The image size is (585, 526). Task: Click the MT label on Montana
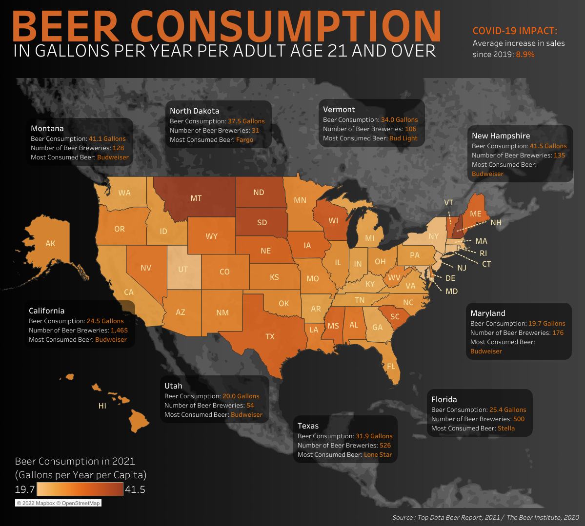pyautogui.click(x=196, y=198)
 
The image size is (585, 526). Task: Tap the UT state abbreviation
pyautogui.click(x=182, y=269)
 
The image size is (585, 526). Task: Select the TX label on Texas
pyautogui.click(x=270, y=336)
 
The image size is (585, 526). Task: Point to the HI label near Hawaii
pyautogui.click(x=102, y=406)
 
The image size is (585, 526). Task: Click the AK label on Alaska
pyautogui.click(x=50, y=243)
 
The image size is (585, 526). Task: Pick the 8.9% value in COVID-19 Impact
pyautogui.click(x=525, y=54)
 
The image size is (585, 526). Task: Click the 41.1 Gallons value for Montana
pyautogui.click(x=107, y=138)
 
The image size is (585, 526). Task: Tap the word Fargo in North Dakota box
pyautogui.click(x=244, y=140)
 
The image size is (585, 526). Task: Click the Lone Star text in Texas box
pyautogui.click(x=378, y=454)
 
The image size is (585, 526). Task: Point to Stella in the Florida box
pyautogui.click(x=506, y=428)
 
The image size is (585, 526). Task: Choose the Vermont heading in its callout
pyautogui.click(x=339, y=109)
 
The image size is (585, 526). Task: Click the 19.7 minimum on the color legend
pyautogui.click(x=24, y=489)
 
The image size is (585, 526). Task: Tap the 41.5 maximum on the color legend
pyautogui.click(x=135, y=490)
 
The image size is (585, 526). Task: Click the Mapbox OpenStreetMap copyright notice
pyautogui.click(x=58, y=503)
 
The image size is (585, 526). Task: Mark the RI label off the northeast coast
pyautogui.click(x=483, y=253)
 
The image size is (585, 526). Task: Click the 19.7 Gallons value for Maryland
pyautogui.click(x=546, y=323)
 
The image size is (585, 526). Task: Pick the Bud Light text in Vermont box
pyautogui.click(x=403, y=138)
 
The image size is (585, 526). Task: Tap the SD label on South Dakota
pyautogui.click(x=262, y=222)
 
